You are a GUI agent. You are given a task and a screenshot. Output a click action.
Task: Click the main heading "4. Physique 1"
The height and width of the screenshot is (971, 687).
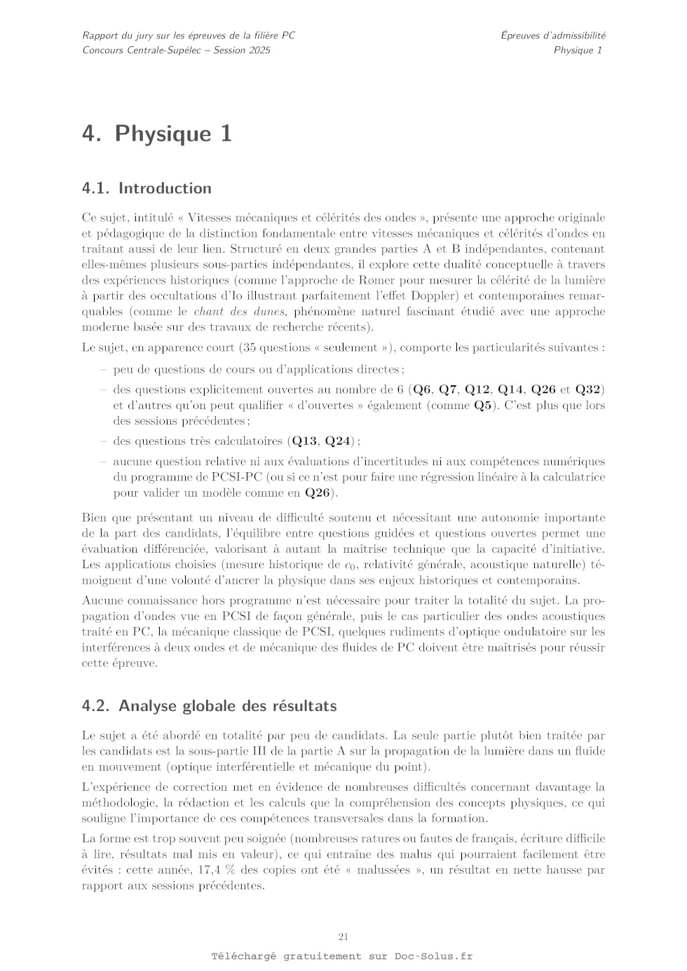pos(156,133)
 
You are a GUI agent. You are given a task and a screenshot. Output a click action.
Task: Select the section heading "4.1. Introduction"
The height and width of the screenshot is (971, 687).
pos(147,188)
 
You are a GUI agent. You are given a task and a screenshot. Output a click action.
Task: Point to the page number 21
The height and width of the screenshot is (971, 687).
pos(343,937)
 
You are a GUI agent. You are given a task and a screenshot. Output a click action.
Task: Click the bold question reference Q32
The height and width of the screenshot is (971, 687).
pos(590,390)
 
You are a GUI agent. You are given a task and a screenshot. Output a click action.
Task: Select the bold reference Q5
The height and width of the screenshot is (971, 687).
pos(483,405)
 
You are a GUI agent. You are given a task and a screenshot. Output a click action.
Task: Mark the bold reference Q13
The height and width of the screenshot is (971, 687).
pos(304,441)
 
